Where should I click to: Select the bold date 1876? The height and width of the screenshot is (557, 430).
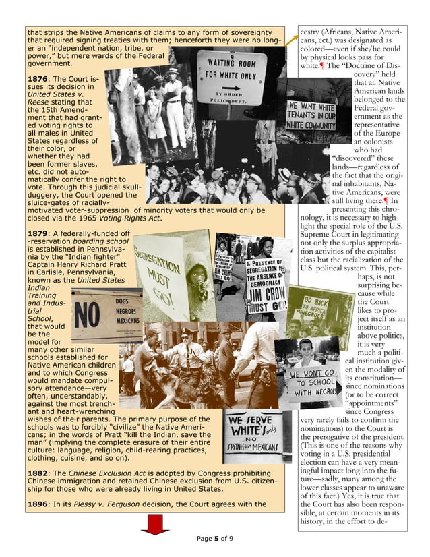(39, 80)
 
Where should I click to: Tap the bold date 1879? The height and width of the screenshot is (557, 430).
(39, 233)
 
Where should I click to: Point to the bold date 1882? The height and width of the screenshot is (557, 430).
(39, 473)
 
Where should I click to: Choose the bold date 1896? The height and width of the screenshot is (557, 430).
(39, 504)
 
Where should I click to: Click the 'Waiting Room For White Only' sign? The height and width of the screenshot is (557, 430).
(231, 80)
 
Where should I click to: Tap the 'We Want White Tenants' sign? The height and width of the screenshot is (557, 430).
(311, 116)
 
